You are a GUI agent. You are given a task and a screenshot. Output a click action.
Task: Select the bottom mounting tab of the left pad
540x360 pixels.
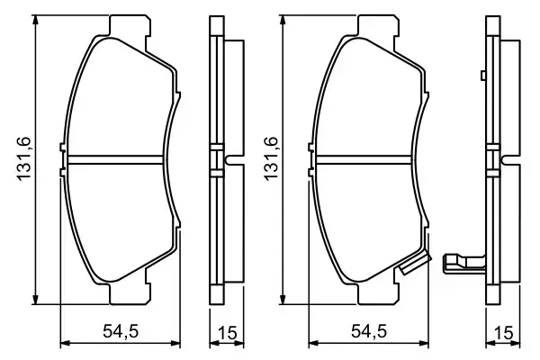[x=125, y=294]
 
